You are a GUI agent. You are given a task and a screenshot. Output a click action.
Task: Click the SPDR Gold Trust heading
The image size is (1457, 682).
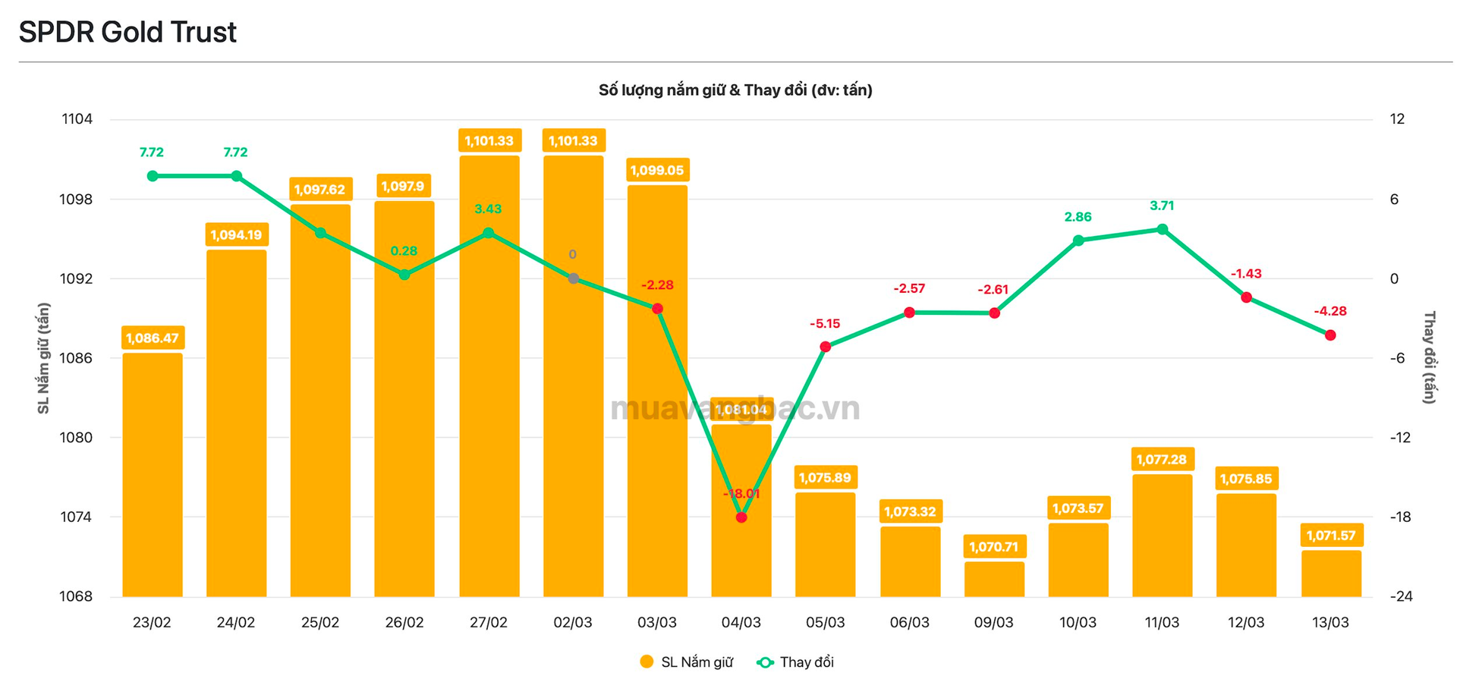coord(127,32)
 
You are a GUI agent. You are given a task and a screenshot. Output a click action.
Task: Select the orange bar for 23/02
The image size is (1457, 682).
coord(153,474)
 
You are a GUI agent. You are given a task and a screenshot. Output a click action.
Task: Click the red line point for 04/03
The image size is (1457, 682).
coord(741,517)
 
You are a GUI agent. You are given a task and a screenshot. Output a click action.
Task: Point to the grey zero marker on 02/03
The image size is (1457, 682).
coord(574,278)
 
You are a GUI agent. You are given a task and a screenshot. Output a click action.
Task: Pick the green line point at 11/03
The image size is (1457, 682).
coord(1163,229)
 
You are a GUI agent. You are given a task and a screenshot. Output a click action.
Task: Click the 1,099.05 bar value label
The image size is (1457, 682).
coord(657,170)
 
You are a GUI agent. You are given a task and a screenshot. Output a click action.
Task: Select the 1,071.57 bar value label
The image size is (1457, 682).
coord(1331,536)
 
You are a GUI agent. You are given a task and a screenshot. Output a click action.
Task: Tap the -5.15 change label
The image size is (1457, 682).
coord(825,324)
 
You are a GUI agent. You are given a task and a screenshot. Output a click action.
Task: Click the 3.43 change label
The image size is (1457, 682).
coord(488,209)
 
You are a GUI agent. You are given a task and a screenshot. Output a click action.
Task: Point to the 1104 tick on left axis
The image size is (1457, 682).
coord(77,119)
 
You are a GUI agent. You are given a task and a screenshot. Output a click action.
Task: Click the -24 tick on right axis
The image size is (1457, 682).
coord(1401,596)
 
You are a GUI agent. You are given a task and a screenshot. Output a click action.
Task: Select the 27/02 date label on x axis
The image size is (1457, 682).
coord(488,623)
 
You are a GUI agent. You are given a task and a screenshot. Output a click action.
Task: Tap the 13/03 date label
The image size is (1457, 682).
coord(1331,623)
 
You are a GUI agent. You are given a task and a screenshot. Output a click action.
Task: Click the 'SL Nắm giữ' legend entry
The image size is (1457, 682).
coord(688,662)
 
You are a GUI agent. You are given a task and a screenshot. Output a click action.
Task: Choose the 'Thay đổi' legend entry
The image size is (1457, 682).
coord(796,662)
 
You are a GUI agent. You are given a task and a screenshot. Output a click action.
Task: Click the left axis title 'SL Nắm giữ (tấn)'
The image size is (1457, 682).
coord(44,358)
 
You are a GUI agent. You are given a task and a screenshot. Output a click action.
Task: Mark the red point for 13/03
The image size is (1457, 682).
coord(1330,335)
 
